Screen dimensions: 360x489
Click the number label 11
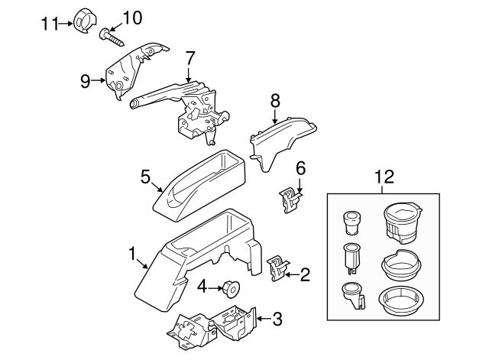[50, 24]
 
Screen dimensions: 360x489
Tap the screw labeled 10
[110, 35]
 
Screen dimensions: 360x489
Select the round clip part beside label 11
[82, 21]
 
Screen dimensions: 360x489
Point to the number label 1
[132, 253]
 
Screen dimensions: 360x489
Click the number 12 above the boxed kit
[384, 177]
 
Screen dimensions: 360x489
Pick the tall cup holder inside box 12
[403, 221]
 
